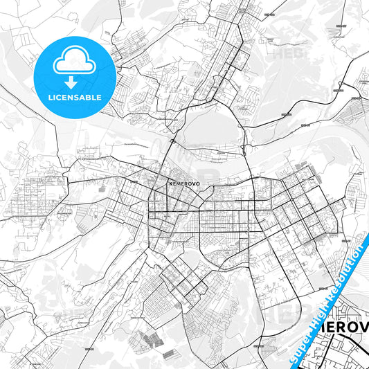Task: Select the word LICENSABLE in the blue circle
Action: point(73,98)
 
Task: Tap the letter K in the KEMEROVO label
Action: point(170,184)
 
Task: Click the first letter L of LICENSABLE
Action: point(49,98)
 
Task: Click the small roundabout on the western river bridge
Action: point(172,141)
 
